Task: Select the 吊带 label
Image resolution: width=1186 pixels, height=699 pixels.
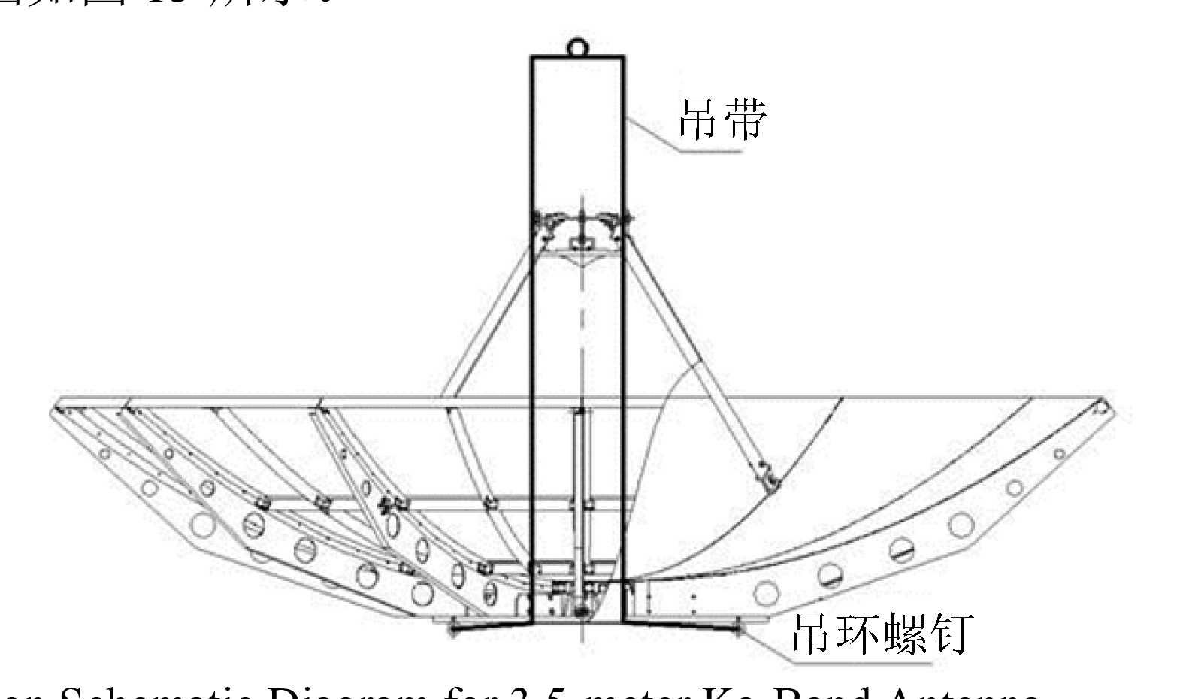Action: point(722,119)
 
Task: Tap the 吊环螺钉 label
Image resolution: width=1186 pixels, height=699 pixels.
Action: point(882,633)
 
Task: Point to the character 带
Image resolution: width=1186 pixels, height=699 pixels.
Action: point(745,119)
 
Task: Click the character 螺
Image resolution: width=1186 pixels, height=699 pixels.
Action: point(907,633)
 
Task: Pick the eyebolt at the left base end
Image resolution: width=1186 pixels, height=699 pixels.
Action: point(452,624)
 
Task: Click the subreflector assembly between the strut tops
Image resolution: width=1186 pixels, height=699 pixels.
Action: point(580,233)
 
